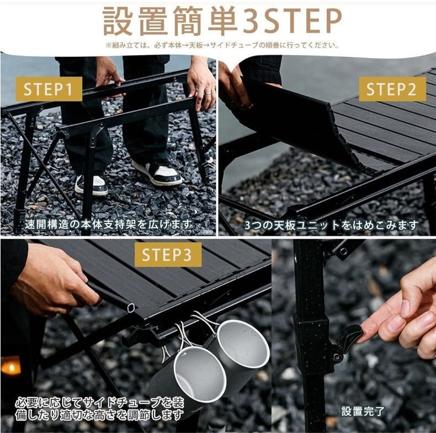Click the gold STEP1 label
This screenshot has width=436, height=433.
[49, 89]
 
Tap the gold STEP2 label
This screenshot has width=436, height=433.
[392, 89]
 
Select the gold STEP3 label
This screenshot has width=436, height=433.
[168, 255]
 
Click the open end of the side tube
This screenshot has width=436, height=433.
[130, 307]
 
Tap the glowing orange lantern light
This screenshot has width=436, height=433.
[11, 366]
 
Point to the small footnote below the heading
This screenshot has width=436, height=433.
[222, 45]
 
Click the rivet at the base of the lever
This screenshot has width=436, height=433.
[337, 356]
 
